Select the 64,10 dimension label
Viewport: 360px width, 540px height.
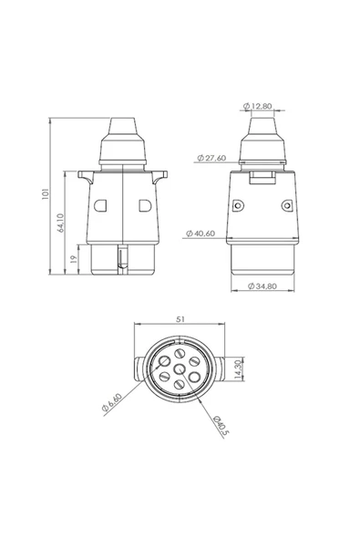60,223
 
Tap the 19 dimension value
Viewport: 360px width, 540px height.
74,260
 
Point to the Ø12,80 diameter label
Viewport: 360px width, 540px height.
257,106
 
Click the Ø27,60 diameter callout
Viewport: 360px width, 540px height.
211,158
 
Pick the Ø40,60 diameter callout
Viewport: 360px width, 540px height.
201,234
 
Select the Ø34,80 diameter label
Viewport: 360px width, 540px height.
262,286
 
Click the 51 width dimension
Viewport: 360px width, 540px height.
180,319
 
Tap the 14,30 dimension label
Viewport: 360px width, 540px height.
239,369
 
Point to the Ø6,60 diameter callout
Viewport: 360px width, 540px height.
112,402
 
